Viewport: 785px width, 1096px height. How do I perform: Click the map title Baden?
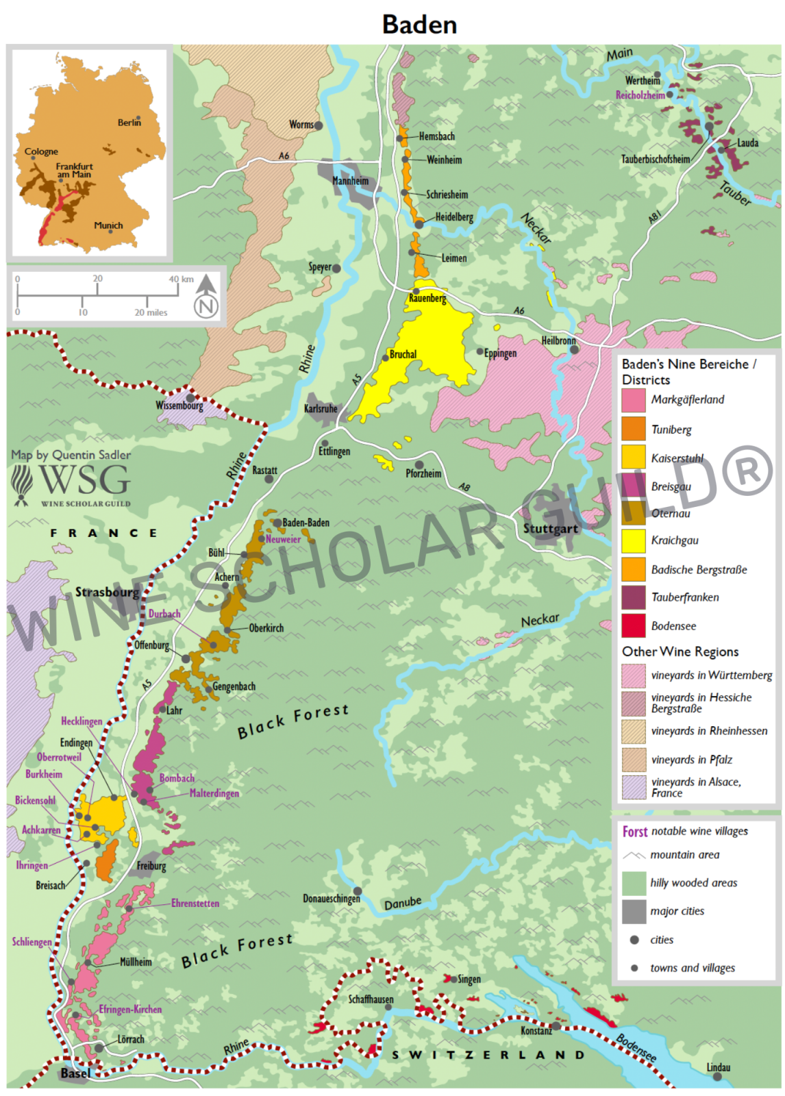click(x=419, y=25)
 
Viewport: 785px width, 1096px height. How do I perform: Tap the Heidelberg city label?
click(x=454, y=217)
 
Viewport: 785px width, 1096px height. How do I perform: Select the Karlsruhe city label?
click(x=321, y=409)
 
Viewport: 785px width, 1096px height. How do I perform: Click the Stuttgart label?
click(x=551, y=528)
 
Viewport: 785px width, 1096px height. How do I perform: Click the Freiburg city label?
click(x=151, y=866)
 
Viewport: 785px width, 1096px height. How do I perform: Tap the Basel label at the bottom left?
click(x=75, y=1073)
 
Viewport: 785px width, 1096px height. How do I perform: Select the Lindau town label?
click(x=719, y=1067)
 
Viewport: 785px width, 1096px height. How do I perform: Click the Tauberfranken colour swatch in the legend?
click(x=633, y=597)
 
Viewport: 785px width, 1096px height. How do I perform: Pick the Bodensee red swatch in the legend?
click(x=633, y=625)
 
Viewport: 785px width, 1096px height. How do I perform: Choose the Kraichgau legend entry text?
click(x=675, y=540)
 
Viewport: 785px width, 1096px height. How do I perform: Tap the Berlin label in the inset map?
click(x=129, y=123)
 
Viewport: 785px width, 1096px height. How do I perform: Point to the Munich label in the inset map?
click(x=108, y=225)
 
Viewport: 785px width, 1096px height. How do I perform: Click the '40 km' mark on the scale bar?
click(x=182, y=279)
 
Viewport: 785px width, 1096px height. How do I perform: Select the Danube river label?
click(x=402, y=904)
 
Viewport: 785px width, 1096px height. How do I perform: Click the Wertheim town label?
click(x=642, y=80)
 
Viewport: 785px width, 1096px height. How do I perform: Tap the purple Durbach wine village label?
click(x=164, y=614)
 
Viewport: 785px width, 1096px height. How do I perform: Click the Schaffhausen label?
click(x=371, y=999)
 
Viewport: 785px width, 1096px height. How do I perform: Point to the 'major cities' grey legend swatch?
click(x=634, y=911)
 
